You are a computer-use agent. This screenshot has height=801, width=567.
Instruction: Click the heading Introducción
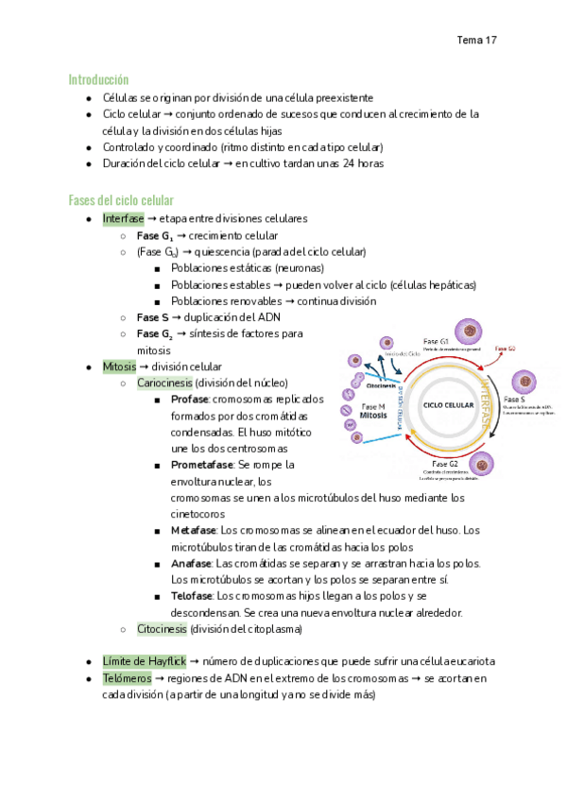point(98,79)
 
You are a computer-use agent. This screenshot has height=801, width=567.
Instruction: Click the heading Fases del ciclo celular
point(120,200)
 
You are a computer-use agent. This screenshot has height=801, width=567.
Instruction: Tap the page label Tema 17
point(477,41)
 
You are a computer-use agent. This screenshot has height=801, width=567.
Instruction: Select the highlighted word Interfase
point(124,218)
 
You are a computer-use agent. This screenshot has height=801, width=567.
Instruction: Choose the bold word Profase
point(190,400)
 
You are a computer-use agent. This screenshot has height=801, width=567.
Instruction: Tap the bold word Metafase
point(193,531)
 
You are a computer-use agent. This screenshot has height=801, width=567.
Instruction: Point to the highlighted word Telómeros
point(129,678)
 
